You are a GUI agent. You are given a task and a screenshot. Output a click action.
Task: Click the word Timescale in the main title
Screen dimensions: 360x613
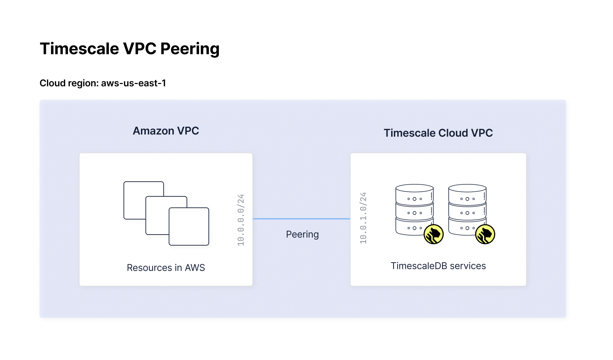[x=79, y=49]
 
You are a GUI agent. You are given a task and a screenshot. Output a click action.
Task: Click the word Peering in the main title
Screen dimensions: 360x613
[x=190, y=49]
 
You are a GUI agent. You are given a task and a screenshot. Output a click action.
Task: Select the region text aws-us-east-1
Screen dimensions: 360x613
[x=133, y=83]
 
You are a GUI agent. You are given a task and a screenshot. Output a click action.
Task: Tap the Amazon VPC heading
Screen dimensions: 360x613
[x=166, y=131]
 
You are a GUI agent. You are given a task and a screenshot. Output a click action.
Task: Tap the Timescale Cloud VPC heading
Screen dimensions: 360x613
[x=438, y=133]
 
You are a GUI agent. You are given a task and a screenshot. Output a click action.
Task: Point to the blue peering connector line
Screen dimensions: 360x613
[x=301, y=219]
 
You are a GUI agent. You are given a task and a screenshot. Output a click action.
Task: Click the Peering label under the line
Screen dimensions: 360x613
[x=302, y=235]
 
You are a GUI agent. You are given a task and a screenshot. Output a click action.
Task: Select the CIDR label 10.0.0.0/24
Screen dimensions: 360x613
[x=241, y=220]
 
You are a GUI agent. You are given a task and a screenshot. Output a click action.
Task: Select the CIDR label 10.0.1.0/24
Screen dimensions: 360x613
[x=363, y=218]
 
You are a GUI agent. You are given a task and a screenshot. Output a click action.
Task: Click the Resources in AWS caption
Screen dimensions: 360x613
[x=166, y=268]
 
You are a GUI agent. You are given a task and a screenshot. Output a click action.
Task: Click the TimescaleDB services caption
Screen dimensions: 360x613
[x=438, y=266]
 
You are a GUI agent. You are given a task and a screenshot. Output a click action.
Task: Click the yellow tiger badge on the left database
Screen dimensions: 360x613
[x=434, y=234]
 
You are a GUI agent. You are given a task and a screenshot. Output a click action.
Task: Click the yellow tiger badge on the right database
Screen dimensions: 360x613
[x=485, y=234]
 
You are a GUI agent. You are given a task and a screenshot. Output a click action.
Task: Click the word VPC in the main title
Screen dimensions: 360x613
[x=140, y=49]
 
